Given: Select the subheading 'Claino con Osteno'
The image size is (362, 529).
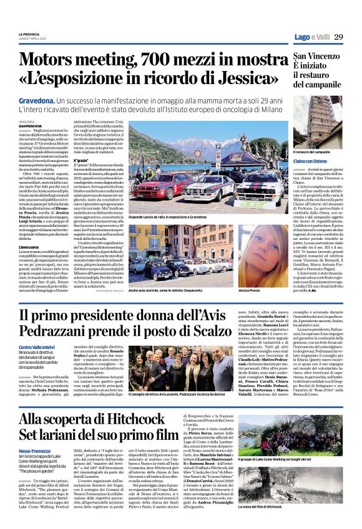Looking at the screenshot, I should coord(311,161).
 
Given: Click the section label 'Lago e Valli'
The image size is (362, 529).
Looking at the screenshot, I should coord(312,37).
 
